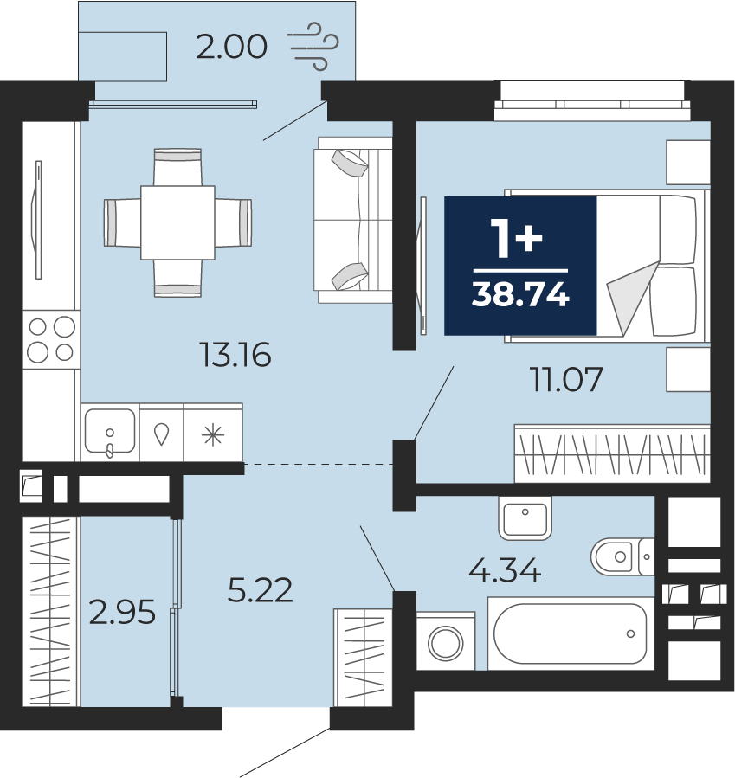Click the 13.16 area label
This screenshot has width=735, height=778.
click(235, 355)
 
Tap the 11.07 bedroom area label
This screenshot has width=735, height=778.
click(566, 379)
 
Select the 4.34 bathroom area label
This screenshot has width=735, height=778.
click(505, 569)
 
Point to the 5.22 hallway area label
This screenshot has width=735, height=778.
click(260, 590)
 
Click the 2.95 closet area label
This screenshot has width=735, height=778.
click(122, 612)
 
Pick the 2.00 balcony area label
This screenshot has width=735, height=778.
click(232, 47)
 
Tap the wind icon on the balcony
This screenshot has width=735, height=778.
click(313, 46)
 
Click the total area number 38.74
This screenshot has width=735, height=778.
click(520, 295)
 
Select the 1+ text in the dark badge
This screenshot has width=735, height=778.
click(516, 239)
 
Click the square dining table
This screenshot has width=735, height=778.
click(177, 222)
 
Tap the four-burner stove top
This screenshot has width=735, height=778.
click(51, 339)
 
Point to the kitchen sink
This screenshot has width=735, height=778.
click(110, 432)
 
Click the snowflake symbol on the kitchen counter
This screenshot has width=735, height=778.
click(213, 435)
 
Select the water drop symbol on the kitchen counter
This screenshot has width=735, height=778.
click(161, 434)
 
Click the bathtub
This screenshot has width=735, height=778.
click(571, 633)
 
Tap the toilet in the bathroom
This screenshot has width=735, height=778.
click(622, 556)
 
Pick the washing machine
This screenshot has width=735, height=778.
click(446, 641)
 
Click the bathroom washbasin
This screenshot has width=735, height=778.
click(525, 518)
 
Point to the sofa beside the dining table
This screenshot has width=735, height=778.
click(353, 220)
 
